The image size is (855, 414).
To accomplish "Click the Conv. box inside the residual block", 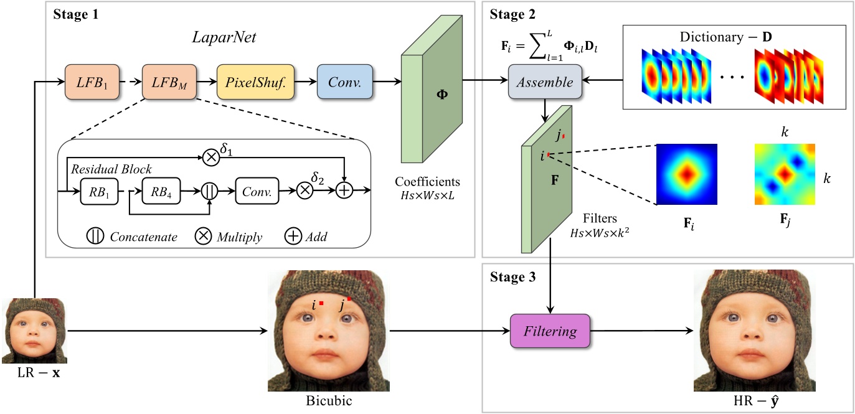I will [257, 192].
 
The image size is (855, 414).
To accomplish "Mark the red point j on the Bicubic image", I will [349, 299].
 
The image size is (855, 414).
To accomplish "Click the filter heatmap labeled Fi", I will [687, 174].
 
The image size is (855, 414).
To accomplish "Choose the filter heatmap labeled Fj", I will [784, 174].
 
